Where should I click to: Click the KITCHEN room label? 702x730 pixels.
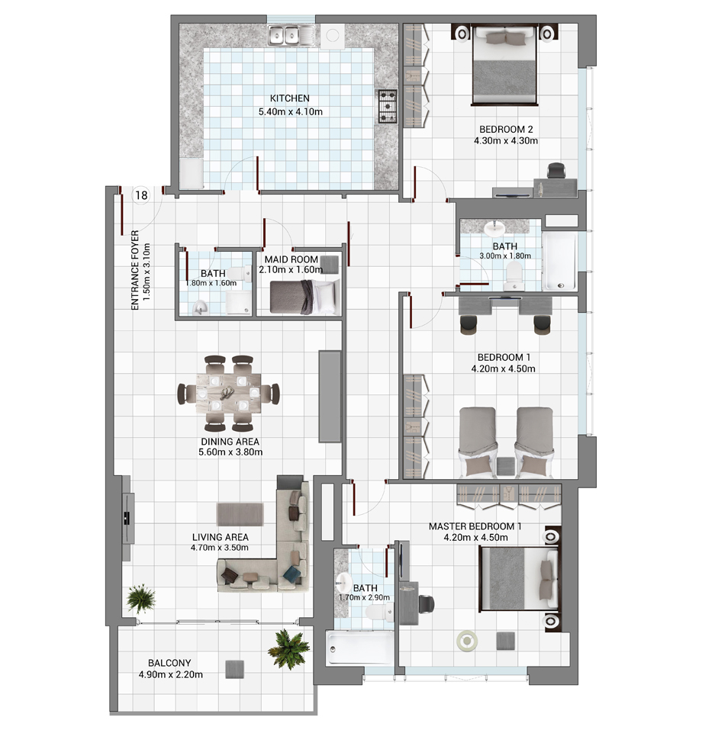pyautogui.click(x=290, y=98)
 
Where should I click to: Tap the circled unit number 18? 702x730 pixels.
pyautogui.click(x=141, y=195)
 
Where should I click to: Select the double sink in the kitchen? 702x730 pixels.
pyautogui.click(x=284, y=35)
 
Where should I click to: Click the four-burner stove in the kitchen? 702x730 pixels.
pyautogui.click(x=387, y=106)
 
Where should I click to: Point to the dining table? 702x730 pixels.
pyautogui.click(x=228, y=394)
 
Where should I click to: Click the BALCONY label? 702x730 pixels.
pyautogui.click(x=169, y=663)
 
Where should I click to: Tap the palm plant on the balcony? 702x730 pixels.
pyautogui.click(x=289, y=648)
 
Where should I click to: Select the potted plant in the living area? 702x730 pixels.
pyautogui.click(x=141, y=598)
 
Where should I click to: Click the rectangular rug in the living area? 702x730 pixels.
pyautogui.click(x=240, y=514)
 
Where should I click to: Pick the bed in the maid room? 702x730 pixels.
pyautogui.click(x=304, y=297)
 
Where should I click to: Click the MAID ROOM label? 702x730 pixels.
pyautogui.click(x=291, y=259)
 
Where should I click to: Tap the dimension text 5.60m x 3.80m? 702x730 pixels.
pyautogui.click(x=230, y=452)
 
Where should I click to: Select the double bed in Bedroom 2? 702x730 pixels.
pyautogui.click(x=505, y=65)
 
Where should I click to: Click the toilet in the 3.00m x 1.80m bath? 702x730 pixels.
pyautogui.click(x=514, y=273)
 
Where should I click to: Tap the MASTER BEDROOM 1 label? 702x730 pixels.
pyautogui.click(x=475, y=526)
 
